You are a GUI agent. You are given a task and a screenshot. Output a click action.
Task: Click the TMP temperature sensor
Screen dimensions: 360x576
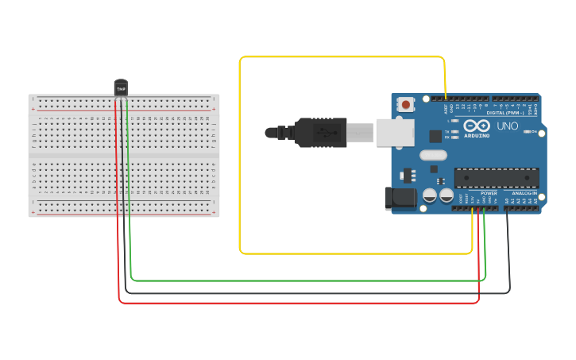[121, 87]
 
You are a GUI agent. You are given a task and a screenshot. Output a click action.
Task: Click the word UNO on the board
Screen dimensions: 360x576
[507, 126]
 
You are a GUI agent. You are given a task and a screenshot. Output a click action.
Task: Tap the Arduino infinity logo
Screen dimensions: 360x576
[477, 126]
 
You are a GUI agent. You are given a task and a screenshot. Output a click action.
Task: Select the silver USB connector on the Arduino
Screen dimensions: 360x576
[394, 132]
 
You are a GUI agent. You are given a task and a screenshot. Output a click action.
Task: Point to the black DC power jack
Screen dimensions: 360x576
[400, 198]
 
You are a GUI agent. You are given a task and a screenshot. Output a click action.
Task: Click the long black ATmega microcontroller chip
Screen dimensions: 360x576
[496, 178]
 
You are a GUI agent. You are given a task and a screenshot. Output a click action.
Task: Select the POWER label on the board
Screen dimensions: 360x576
[489, 193]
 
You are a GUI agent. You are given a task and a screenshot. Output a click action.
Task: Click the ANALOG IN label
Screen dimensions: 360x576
[524, 193]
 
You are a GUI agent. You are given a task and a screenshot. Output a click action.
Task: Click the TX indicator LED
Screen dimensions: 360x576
[454, 131]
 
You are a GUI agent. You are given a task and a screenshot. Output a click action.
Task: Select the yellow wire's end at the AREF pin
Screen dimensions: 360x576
[445, 99]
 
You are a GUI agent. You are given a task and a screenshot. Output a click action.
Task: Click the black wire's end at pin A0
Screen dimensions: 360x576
[507, 209]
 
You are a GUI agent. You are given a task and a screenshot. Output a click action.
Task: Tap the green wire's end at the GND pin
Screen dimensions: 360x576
[484, 209]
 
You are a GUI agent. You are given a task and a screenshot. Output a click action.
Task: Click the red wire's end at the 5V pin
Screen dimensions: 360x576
[478, 209]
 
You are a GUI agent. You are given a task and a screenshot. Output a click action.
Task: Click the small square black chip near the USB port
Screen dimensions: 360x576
[435, 136]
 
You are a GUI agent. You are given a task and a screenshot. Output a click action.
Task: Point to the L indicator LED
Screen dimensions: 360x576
[454, 121]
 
